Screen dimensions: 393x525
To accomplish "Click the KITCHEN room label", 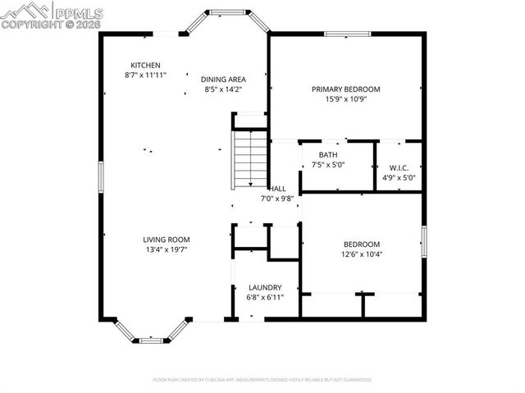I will [x=144, y=65].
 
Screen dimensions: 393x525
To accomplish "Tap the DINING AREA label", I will [x=222, y=79].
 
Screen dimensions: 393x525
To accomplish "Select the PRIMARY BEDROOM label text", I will [x=345, y=89].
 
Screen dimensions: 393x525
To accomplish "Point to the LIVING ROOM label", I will [x=144, y=240].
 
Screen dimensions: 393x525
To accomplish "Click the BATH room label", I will [x=327, y=155].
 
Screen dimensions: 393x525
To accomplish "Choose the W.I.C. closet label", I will [x=399, y=167].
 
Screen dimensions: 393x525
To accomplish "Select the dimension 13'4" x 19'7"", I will [x=144, y=249].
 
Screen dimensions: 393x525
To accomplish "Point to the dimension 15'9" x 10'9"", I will [x=345, y=98].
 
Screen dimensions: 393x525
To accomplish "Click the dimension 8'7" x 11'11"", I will [x=144, y=75].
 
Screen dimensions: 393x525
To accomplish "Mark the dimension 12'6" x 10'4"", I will [x=361, y=254].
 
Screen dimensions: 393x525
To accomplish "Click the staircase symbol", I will [x=250, y=159].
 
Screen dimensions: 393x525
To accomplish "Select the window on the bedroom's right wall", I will [x=424, y=242].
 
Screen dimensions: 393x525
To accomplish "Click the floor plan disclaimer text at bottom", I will [x=262, y=380].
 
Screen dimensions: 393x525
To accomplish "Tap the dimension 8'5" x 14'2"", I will [x=222, y=89].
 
